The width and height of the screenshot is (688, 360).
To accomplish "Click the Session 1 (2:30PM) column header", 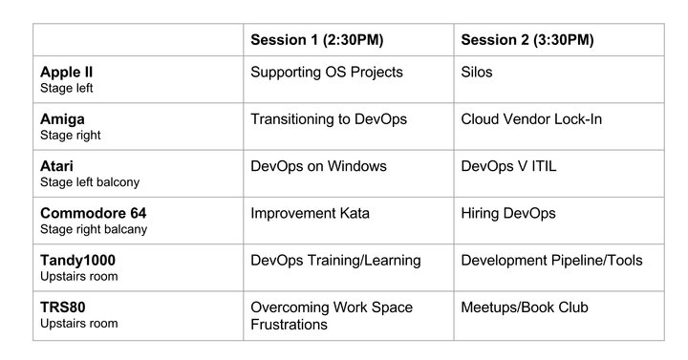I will pyautogui.click(x=317, y=39).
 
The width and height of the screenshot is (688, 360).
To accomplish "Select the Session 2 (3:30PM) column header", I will pyautogui.click(x=527, y=39).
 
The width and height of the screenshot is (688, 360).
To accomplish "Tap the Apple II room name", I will pyautogui.click(x=66, y=73).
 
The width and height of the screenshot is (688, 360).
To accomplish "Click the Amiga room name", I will pyautogui.click(x=62, y=119).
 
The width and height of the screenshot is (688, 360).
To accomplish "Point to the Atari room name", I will pyautogui.click(x=57, y=166).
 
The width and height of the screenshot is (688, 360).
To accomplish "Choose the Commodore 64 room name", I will pyautogui.click(x=93, y=213).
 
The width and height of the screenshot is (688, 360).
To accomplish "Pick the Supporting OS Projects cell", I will pyautogui.click(x=327, y=73).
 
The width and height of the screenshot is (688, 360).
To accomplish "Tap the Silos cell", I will pyautogui.click(x=479, y=73).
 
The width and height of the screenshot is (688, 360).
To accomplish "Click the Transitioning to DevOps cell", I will pyautogui.click(x=329, y=119).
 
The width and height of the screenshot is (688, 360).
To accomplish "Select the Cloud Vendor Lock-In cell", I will pyautogui.click(x=531, y=119).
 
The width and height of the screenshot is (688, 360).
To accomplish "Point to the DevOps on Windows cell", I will pyautogui.click(x=318, y=166).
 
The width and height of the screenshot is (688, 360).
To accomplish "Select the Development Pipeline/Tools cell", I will pyautogui.click(x=551, y=260).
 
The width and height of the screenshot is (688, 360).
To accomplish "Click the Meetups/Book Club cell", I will pyautogui.click(x=525, y=307).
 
